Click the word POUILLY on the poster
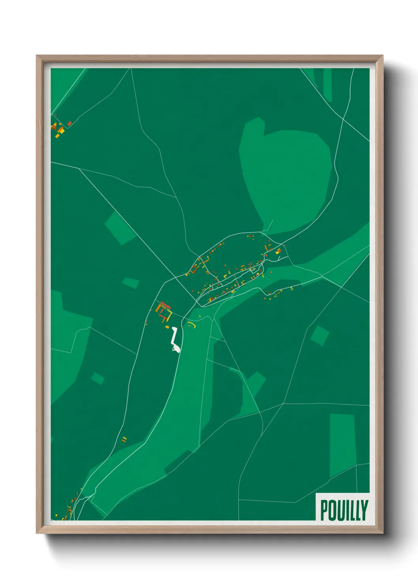[x=344, y=510]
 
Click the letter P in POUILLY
[x=324, y=510]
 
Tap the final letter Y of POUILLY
[x=364, y=510]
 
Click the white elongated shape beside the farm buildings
[x=175, y=341]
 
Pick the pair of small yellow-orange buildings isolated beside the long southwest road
[x=124, y=439]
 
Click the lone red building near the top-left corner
[x=70, y=124]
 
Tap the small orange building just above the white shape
[x=167, y=327]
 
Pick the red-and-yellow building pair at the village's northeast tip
[x=278, y=251]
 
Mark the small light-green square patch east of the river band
[x=320, y=335]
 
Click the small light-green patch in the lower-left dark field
[x=98, y=378]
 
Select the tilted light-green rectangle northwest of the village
[x=120, y=228]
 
